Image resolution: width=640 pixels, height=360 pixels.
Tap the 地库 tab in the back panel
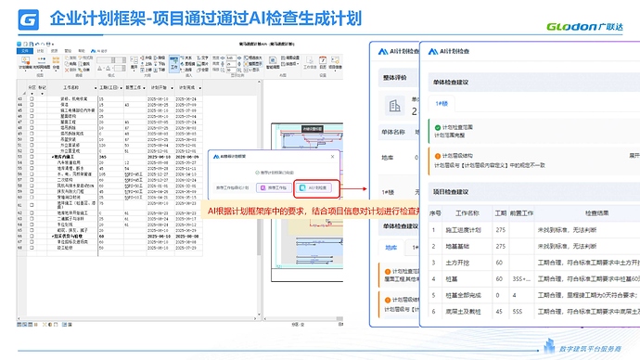tap(391, 248)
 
